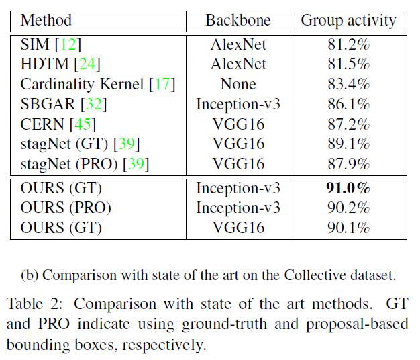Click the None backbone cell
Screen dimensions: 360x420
click(x=238, y=84)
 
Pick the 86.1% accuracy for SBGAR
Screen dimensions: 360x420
click(x=348, y=104)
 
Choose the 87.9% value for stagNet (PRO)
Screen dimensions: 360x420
click(x=348, y=164)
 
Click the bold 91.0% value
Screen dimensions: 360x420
click(x=348, y=189)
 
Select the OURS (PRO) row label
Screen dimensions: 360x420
click(x=66, y=208)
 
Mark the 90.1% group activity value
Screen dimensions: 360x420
click(x=348, y=228)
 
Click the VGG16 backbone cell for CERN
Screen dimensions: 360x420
click(x=238, y=124)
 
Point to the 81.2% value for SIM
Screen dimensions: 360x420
click(x=348, y=45)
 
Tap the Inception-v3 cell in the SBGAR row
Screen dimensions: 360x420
click(x=238, y=104)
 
